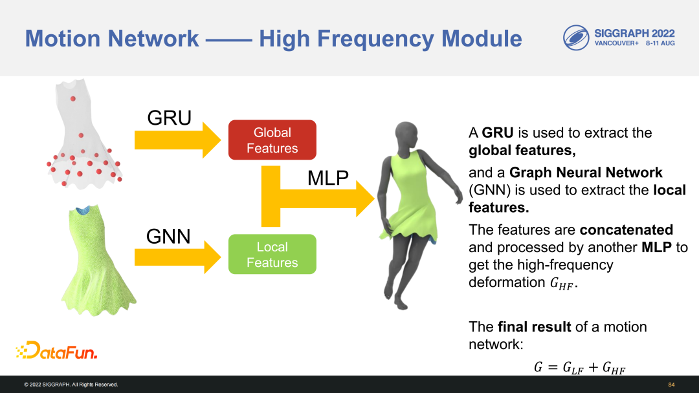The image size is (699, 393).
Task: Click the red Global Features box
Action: (272, 140)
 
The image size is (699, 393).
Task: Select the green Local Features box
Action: (272, 255)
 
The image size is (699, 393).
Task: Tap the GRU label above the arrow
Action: (170, 118)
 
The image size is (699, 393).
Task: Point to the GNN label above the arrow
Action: (169, 237)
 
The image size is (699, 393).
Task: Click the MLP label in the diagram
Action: (328, 178)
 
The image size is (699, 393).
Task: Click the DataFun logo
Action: (56, 351)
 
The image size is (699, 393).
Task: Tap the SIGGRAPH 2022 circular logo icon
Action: (575, 38)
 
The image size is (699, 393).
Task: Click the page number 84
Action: (671, 385)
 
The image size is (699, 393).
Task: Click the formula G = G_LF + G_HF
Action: (580, 367)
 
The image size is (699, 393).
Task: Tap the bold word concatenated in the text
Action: (627, 230)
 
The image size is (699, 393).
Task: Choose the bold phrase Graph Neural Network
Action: (586, 173)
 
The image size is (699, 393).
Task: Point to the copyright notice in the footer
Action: (71, 385)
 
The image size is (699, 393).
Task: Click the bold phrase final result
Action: (535, 327)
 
